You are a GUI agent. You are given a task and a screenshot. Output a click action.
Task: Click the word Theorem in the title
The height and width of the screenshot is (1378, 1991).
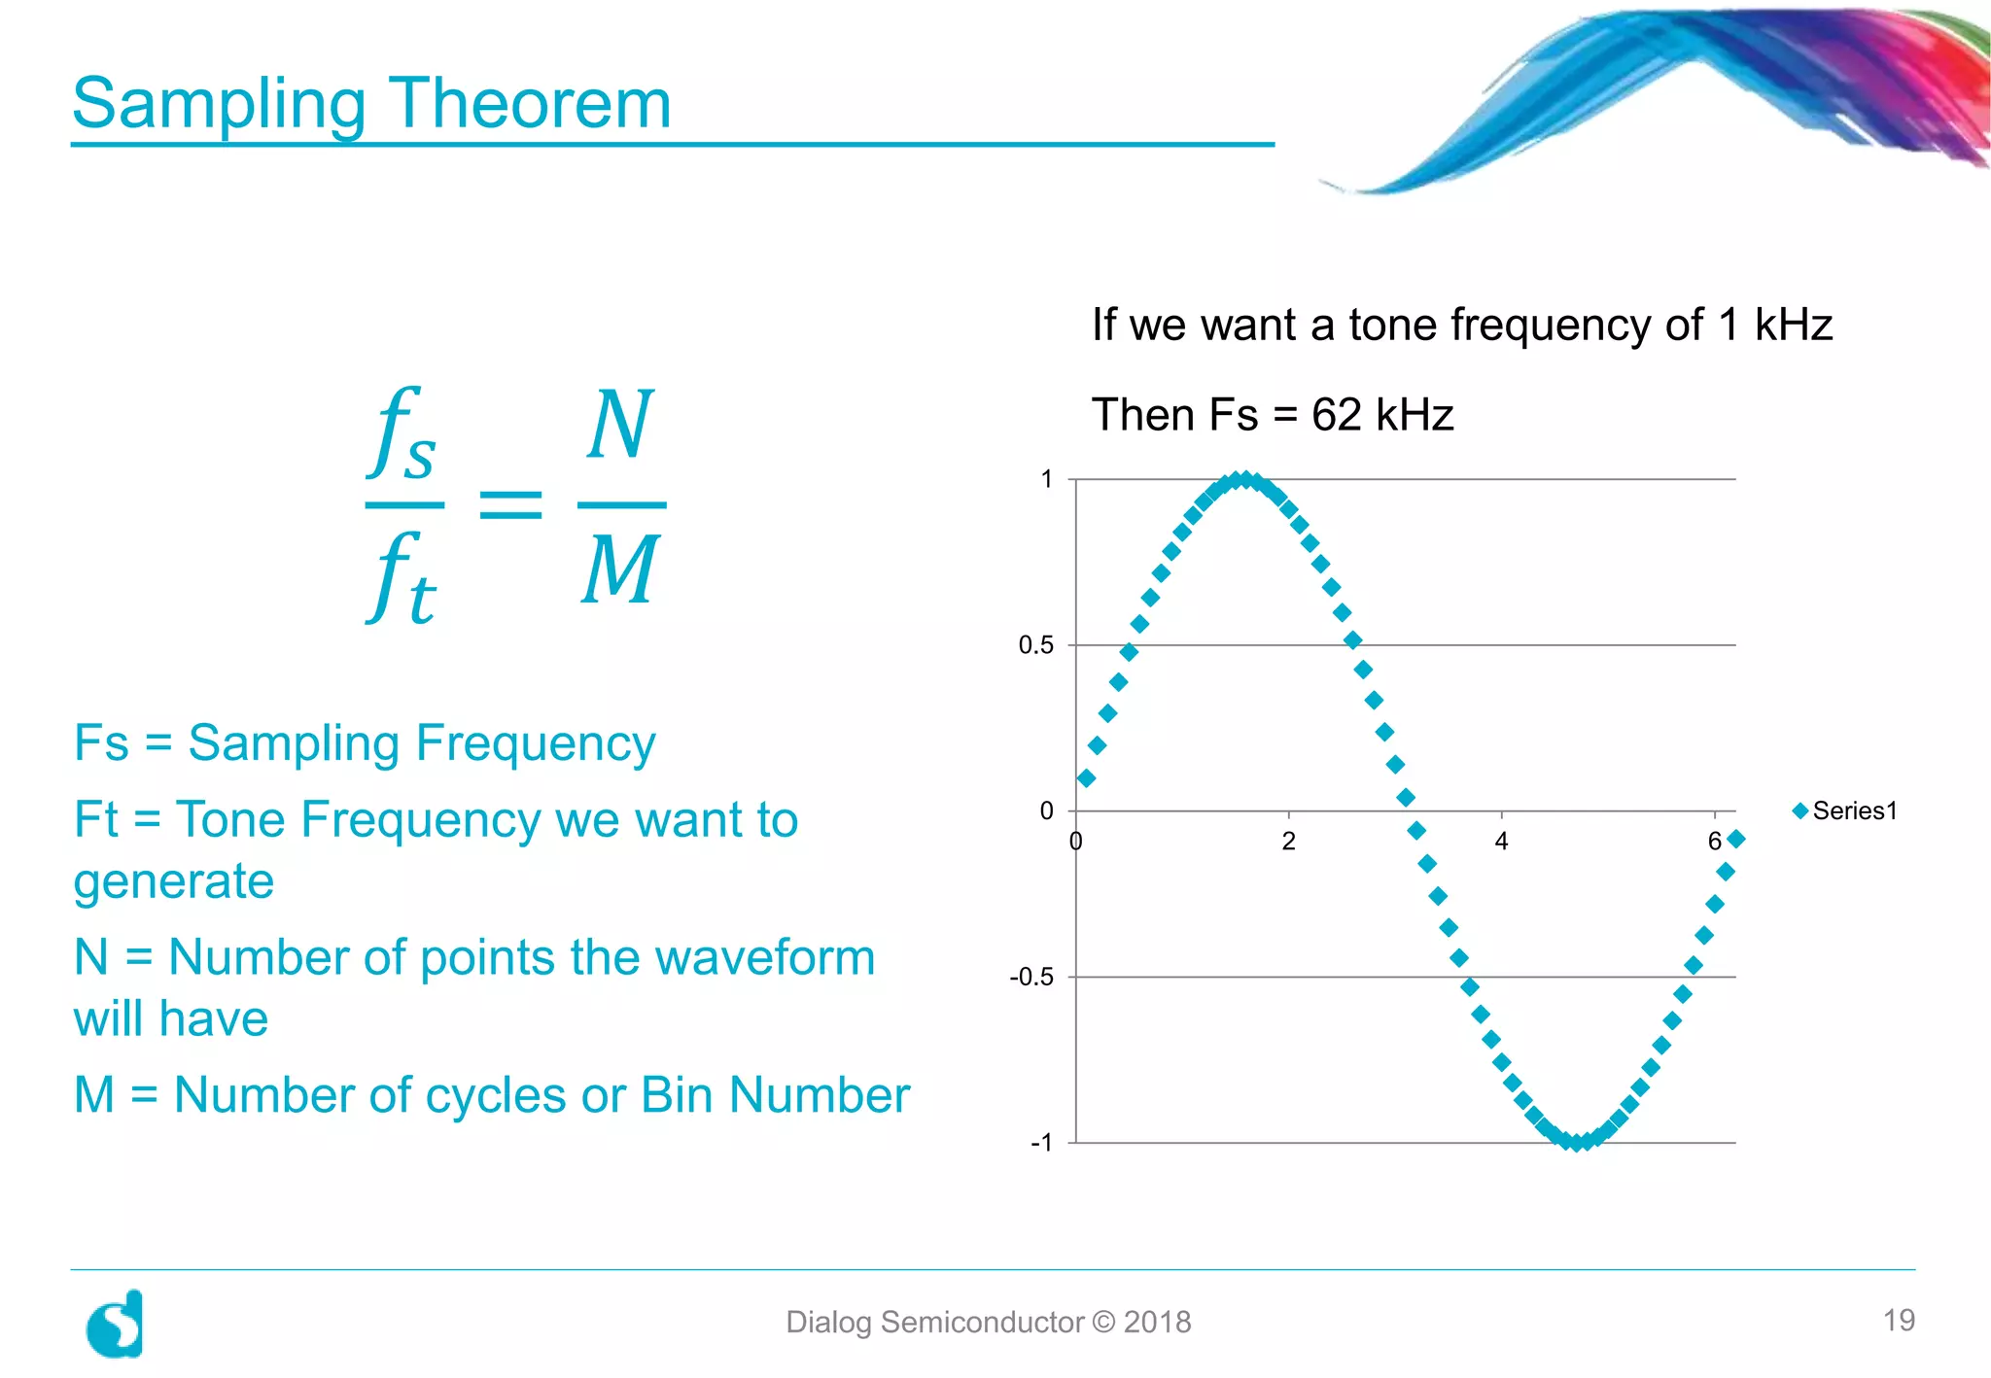pos(530,103)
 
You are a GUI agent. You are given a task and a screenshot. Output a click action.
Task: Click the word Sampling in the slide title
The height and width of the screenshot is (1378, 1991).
pos(219,105)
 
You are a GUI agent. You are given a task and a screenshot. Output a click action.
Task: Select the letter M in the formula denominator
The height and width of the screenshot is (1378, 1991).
pos(620,570)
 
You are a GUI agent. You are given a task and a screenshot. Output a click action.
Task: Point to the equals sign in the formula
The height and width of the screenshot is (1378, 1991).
pos(510,504)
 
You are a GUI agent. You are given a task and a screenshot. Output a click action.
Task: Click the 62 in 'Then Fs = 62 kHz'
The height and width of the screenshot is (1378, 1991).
pos(1336,415)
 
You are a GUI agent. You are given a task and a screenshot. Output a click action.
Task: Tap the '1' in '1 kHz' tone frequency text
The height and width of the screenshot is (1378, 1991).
pos(1728,325)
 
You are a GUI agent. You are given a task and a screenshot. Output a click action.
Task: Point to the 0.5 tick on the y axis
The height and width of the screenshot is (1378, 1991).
pos(1035,645)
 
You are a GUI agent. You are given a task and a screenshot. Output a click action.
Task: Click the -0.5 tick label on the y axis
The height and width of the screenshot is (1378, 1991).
pos(1031,977)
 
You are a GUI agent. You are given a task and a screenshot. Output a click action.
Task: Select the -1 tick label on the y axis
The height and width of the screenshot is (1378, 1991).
pos(1041,1143)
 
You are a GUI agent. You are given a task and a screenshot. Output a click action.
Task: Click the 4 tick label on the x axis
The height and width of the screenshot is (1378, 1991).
pos(1501,842)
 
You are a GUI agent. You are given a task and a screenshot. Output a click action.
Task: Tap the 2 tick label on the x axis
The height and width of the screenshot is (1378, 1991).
pos(1288,842)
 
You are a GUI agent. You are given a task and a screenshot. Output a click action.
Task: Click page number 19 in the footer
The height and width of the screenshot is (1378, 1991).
pos(1898,1320)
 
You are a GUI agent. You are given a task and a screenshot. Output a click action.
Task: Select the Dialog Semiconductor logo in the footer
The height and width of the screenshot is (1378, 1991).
pos(115,1324)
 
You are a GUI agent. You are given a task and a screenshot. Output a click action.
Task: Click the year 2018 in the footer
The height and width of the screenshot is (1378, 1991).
pos(1157,1322)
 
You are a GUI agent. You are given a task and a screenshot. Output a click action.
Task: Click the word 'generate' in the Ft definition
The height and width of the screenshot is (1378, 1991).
pos(174,882)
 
